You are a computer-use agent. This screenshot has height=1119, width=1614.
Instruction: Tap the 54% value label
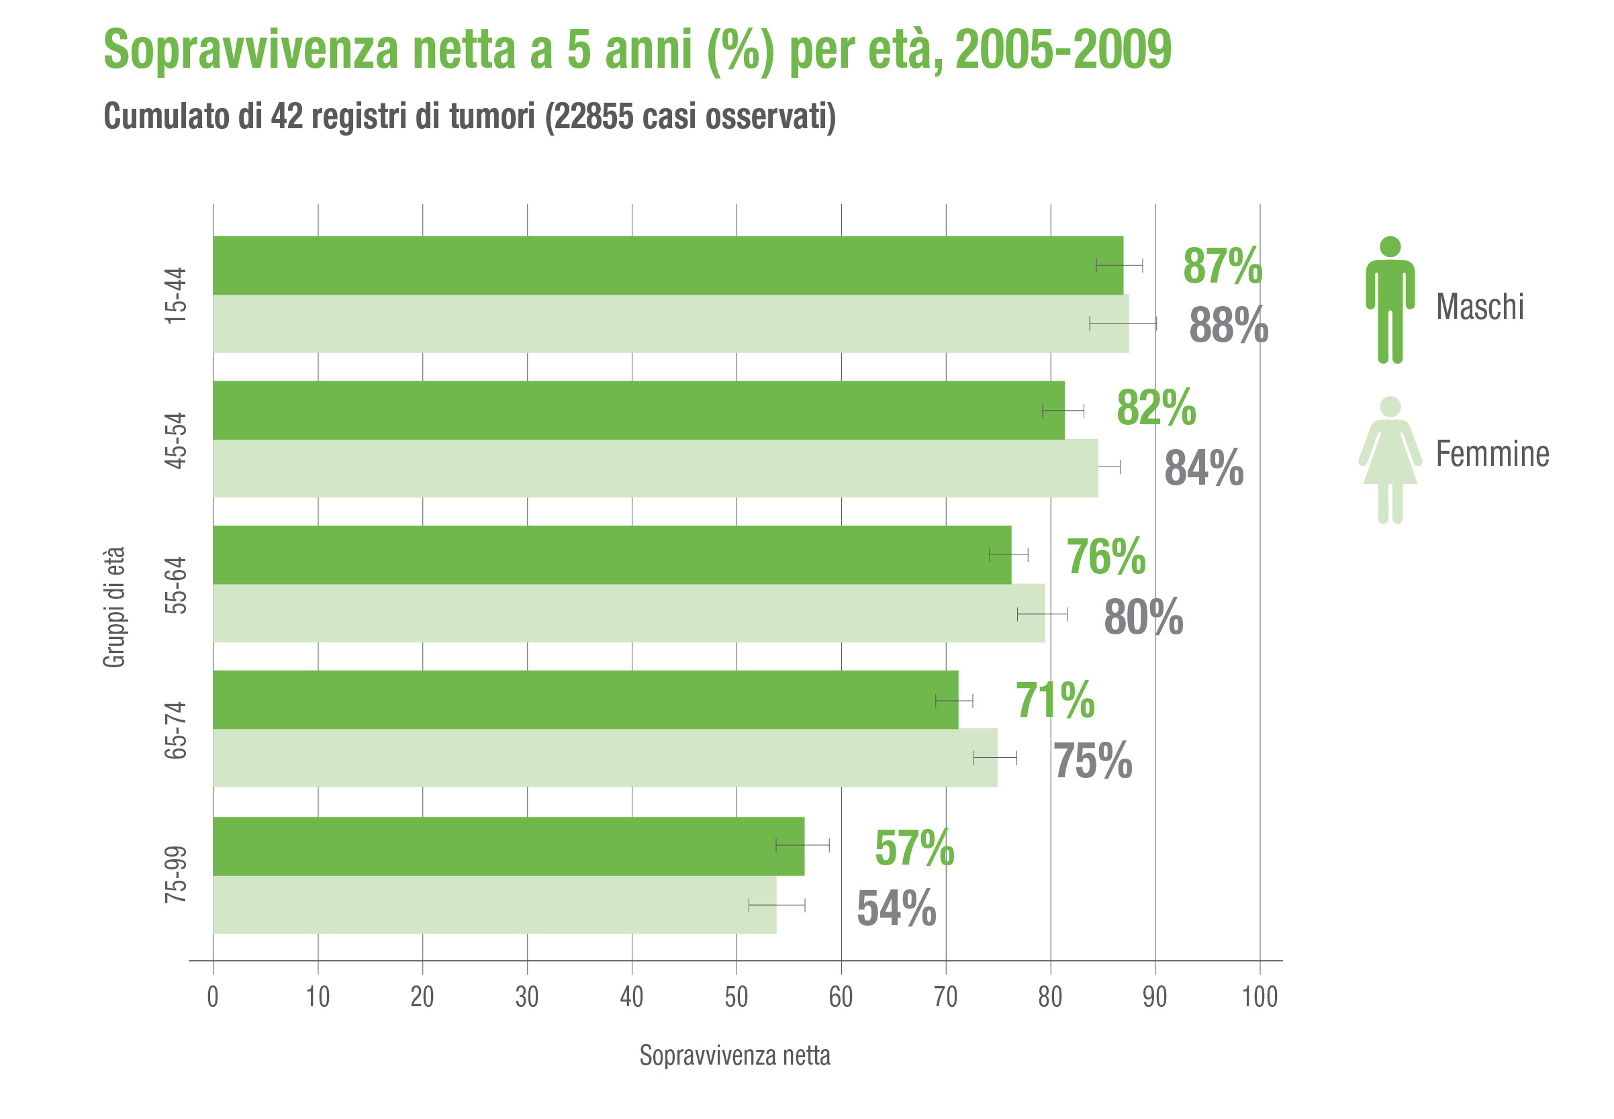click(x=896, y=909)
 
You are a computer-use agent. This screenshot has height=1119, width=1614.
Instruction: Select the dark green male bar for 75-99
click(x=508, y=846)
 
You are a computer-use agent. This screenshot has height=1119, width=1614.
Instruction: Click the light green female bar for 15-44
click(x=669, y=324)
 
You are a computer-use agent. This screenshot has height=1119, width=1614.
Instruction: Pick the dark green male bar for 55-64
click(x=612, y=554)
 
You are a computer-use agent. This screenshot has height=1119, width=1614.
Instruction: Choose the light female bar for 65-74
click(x=604, y=757)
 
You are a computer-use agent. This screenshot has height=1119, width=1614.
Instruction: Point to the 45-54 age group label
click(x=176, y=440)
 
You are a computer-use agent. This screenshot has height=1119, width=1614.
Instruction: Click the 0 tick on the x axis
click(x=212, y=997)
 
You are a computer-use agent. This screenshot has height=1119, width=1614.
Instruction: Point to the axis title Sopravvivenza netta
click(x=734, y=1055)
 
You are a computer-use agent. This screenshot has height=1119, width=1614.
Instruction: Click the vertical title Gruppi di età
click(x=114, y=607)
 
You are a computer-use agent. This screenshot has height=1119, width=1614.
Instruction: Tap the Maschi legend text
click(x=1478, y=306)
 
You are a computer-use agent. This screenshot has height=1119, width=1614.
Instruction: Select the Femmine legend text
click(x=1491, y=454)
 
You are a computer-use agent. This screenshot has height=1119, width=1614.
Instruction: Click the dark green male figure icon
click(x=1389, y=300)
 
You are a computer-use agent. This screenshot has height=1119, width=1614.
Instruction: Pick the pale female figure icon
click(x=1389, y=460)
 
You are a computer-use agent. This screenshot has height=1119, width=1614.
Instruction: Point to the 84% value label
click(x=1203, y=469)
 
